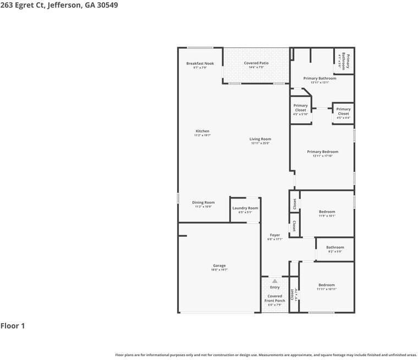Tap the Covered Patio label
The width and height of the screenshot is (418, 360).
pos(256,63)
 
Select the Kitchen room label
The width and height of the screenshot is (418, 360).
pos(202,131)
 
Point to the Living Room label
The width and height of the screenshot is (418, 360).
pos(260,139)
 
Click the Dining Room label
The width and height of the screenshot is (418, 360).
pos(203,202)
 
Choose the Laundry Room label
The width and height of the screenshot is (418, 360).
pos(245,208)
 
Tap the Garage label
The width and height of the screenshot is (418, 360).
pos(219,265)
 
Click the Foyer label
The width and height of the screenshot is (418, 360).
pos(274,235)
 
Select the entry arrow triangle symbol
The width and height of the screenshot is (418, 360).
pos(274,281)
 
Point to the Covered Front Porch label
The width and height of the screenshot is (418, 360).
pos(274,298)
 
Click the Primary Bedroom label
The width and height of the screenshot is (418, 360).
pos(322,152)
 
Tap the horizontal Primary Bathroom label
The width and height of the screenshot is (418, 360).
pos(320,79)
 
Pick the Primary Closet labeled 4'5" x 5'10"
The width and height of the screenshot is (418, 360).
pos(300,108)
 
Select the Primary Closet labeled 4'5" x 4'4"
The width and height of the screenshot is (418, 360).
pos(343,112)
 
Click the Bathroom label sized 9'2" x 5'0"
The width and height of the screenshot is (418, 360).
pos(335,247)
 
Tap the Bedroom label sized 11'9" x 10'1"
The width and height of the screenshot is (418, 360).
pos(327,212)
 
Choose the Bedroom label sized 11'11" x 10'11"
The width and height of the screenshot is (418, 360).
pos(326,285)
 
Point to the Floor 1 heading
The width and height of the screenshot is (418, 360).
pos(13,326)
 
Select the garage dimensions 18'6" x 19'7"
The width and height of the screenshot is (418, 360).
pos(219,270)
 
